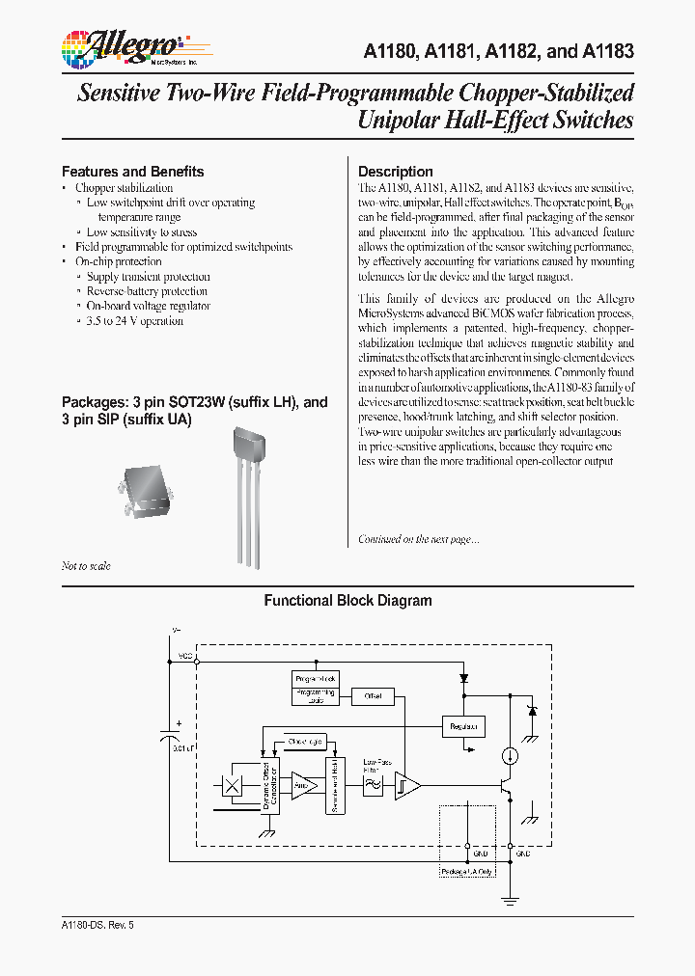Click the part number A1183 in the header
click(x=609, y=51)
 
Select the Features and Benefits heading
click(x=132, y=172)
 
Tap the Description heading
click(x=396, y=172)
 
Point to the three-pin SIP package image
click(x=250, y=492)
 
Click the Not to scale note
click(x=86, y=566)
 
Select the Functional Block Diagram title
click(x=347, y=601)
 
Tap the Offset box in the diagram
click(x=373, y=695)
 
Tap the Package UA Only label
click(x=467, y=872)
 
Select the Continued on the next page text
click(x=418, y=539)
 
